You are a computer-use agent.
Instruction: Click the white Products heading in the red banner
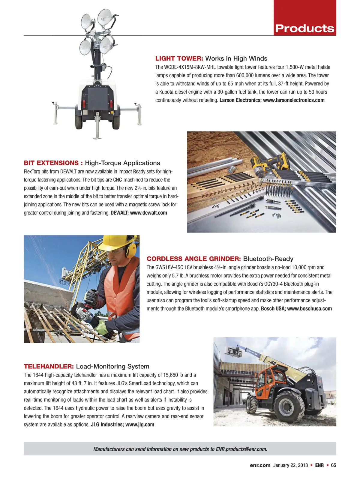click(x=304, y=28)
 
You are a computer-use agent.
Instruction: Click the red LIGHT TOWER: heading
click(x=179, y=58)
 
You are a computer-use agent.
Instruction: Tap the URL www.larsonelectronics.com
click(x=294, y=100)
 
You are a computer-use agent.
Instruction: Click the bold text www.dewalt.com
click(x=148, y=213)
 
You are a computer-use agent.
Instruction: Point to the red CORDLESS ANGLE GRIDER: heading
click(x=193, y=259)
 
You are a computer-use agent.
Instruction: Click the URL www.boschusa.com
click(x=309, y=309)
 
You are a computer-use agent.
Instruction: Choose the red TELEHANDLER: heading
click(x=49, y=366)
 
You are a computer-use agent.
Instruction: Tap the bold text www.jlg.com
click(x=140, y=424)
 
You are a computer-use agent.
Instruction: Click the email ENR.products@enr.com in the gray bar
click(x=241, y=449)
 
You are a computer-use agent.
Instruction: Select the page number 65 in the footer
click(x=333, y=465)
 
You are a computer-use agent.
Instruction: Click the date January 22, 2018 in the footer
click(x=290, y=465)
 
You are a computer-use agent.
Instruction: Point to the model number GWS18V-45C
click(x=169, y=267)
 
